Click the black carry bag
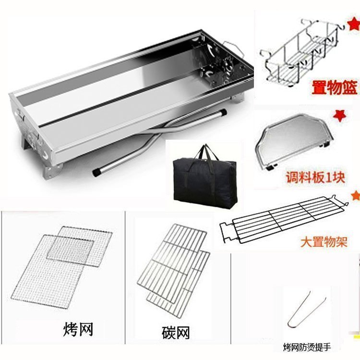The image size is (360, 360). (x=204, y=177)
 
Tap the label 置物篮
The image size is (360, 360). (x=335, y=87)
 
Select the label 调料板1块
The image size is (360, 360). (x=315, y=177)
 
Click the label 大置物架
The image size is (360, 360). (x=324, y=242)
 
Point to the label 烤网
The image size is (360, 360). (x=78, y=329)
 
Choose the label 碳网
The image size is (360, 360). (x=176, y=333)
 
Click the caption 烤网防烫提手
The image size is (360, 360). (x=307, y=347)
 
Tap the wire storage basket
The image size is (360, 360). (x=302, y=52)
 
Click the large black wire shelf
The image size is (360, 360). (x=284, y=219)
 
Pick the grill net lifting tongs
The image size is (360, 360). (x=307, y=310)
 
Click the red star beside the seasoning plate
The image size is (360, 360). (x=340, y=116)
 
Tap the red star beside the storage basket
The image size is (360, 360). (x=354, y=25)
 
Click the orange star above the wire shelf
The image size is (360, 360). (x=355, y=195)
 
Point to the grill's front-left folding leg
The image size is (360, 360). (x=53, y=170)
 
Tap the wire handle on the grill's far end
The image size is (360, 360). (x=233, y=48)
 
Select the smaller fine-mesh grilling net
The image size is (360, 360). (x=71, y=249)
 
